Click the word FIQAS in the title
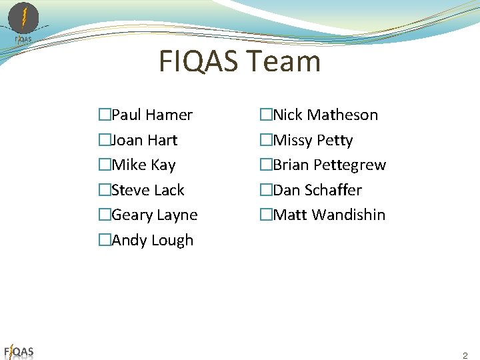[199, 62]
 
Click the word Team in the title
[284, 62]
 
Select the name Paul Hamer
[152, 115]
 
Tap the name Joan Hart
[145, 140]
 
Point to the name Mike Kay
[143, 165]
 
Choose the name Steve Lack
[148, 190]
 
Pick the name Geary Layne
[155, 215]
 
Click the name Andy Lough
[153, 240]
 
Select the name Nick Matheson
[325, 115]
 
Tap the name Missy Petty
[313, 140]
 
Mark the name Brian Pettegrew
[329, 165]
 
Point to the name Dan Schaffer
[317, 190]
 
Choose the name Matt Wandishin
[329, 215]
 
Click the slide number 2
[465, 356]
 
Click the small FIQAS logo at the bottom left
[19, 351]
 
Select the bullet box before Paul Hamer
[104, 115]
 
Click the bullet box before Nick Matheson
[265, 115]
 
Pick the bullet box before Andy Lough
[104, 240]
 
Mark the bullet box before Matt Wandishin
[265, 215]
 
